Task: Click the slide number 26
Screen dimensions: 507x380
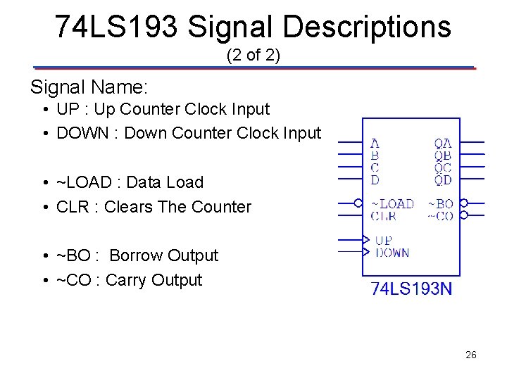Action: click(x=471, y=355)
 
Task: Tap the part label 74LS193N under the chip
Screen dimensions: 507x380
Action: click(x=411, y=289)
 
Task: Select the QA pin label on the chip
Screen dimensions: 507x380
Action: click(x=443, y=144)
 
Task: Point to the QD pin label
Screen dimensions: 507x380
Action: click(x=443, y=180)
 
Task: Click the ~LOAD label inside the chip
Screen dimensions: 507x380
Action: click(x=392, y=204)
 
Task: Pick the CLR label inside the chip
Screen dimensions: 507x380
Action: click(x=383, y=216)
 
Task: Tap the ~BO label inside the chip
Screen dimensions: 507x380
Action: click(x=441, y=204)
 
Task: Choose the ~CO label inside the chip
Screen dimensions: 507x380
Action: click(x=441, y=216)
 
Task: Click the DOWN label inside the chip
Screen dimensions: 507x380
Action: click(x=392, y=253)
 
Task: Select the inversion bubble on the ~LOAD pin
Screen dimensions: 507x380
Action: click(x=358, y=203)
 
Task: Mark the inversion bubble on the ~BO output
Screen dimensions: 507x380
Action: click(x=464, y=203)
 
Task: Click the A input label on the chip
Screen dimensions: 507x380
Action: click(x=375, y=144)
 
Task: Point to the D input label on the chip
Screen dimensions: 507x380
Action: click(x=375, y=180)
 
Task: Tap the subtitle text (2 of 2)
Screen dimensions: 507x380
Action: click(x=254, y=55)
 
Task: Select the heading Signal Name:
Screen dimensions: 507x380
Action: click(x=89, y=87)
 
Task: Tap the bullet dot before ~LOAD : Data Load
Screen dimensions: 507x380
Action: click(x=44, y=183)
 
